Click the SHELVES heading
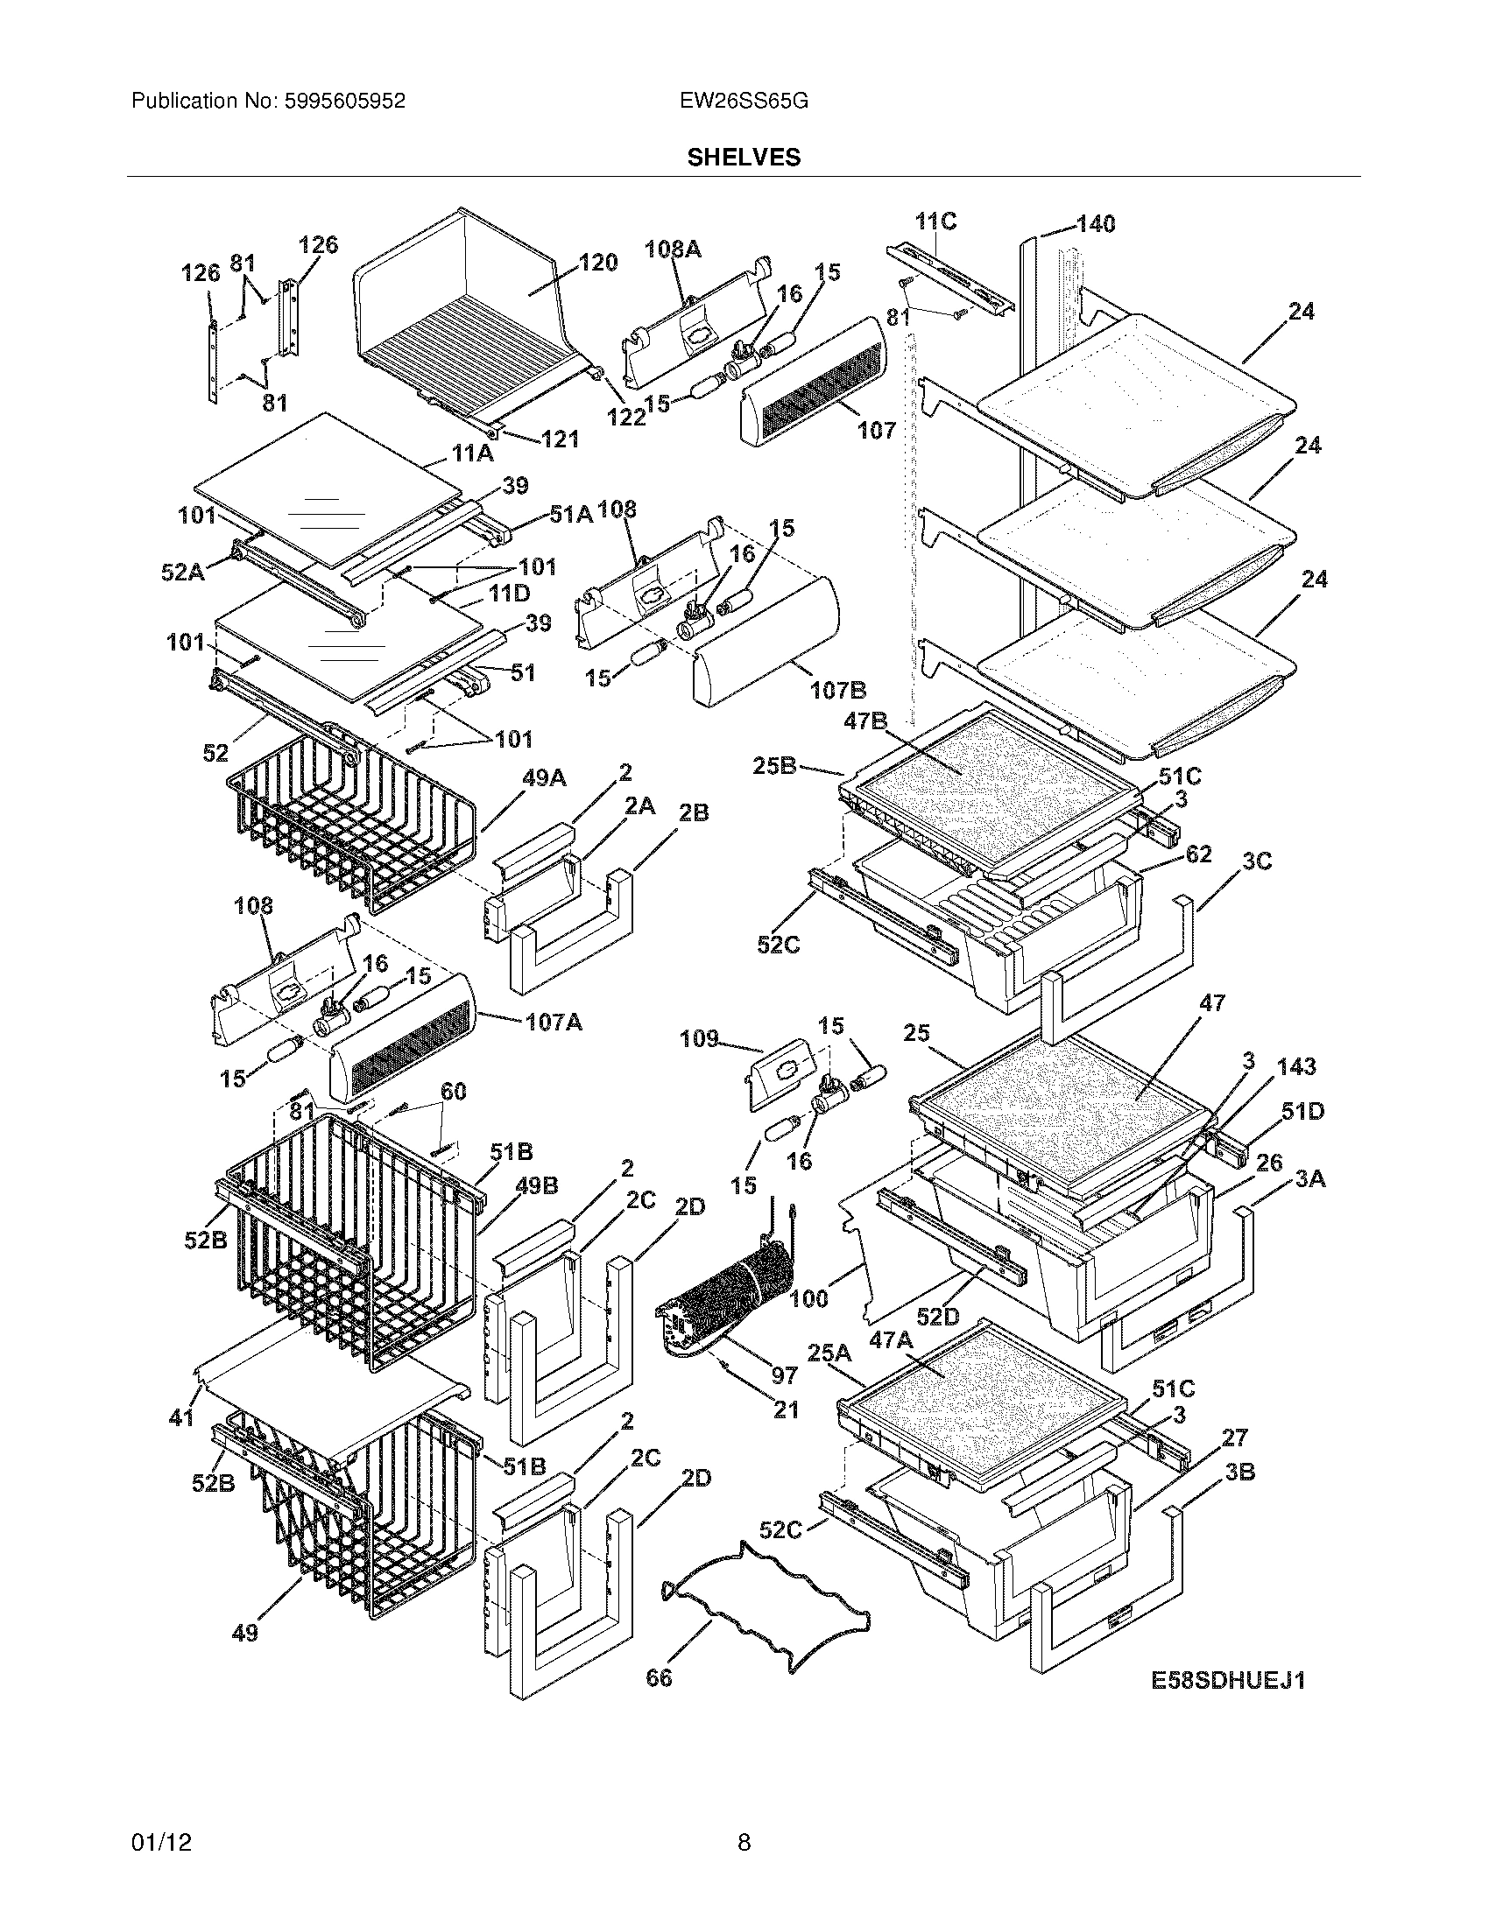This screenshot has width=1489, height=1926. tap(744, 158)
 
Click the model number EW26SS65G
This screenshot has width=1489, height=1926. tap(744, 102)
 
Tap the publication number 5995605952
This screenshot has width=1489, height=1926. tap(344, 102)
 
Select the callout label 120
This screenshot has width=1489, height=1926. tap(597, 263)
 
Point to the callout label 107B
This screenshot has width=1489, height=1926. tap(837, 690)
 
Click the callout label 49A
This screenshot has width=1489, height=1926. tap(544, 777)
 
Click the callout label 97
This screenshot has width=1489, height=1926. tap(784, 1374)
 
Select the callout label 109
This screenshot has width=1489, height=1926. tap(699, 1039)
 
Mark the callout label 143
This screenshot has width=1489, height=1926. tap(1295, 1066)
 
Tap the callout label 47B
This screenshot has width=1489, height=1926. tap(864, 721)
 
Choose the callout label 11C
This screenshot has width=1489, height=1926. tap(936, 221)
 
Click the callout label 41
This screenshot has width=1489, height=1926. tap(180, 1417)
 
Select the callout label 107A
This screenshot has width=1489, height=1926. tap(553, 1023)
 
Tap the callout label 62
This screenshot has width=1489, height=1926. tap(1199, 854)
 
